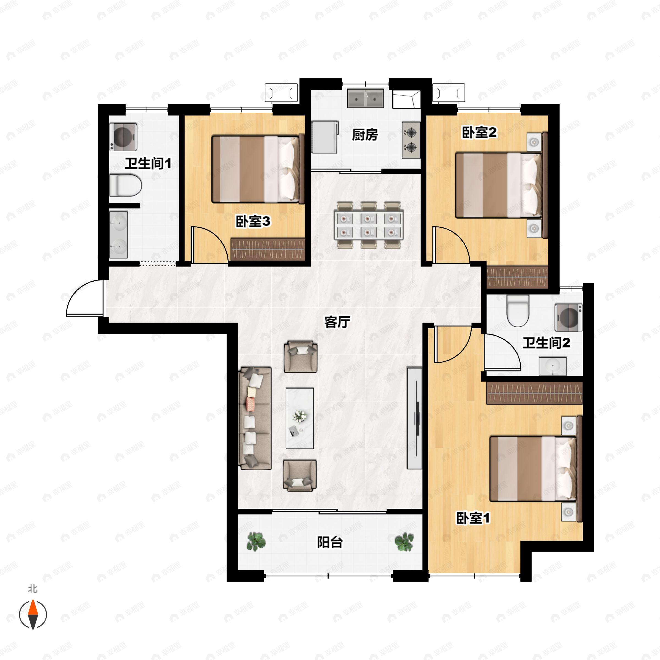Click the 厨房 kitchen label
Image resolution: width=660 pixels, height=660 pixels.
pos(365,135)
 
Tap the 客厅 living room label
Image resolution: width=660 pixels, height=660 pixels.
pos(337,322)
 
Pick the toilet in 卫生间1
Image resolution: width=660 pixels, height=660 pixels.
pos(125,185)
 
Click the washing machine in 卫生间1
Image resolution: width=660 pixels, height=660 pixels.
pos(123,137)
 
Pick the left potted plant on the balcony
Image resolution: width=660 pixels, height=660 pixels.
pos(256,541)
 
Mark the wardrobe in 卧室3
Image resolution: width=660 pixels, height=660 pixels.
pos(268,249)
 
